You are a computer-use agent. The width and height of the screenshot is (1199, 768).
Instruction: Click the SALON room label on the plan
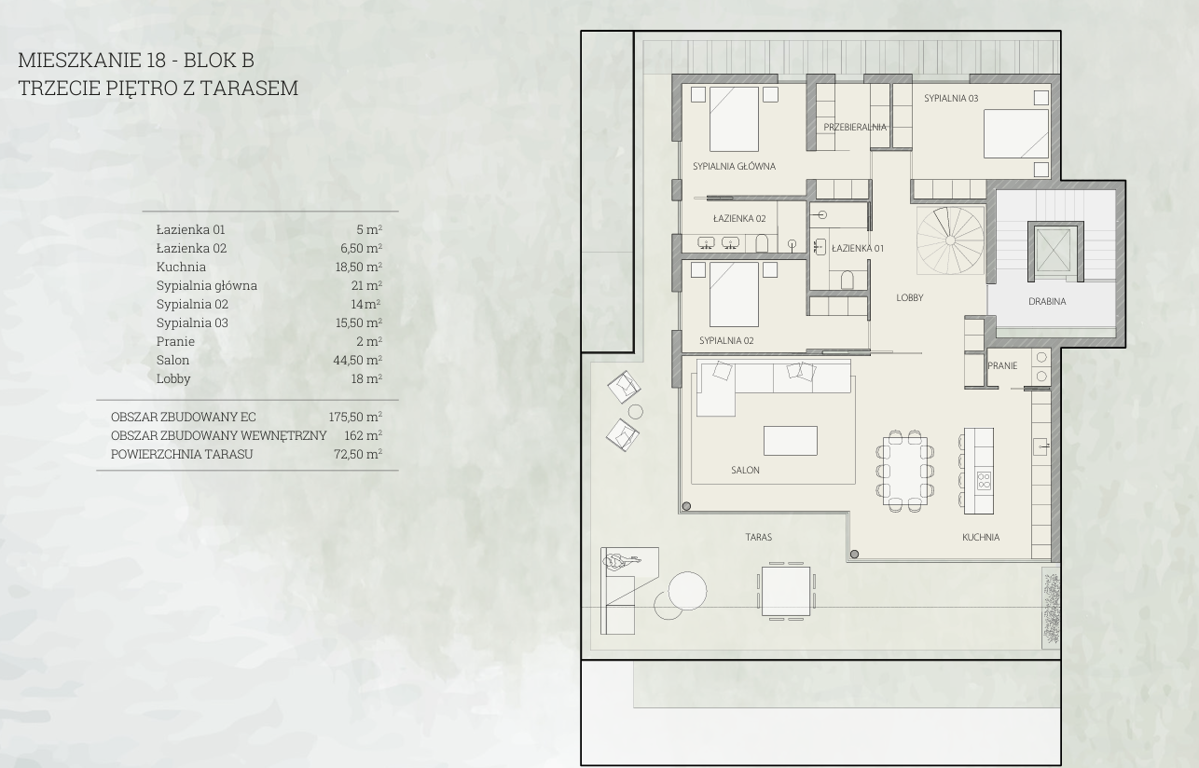pyautogui.click(x=745, y=471)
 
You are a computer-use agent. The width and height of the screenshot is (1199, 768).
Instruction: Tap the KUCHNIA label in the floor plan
pyautogui.click(x=981, y=538)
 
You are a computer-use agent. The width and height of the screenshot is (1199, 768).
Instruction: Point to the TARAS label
pyautogui.click(x=759, y=538)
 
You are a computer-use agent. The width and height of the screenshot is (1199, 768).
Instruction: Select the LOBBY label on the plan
pyautogui.click(x=909, y=297)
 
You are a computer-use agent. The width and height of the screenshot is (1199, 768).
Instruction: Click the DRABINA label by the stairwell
pyautogui.click(x=1047, y=301)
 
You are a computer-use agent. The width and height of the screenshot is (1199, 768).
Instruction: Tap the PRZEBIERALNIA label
pyautogui.click(x=855, y=127)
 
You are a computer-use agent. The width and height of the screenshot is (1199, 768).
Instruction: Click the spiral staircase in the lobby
pyautogui.click(x=950, y=240)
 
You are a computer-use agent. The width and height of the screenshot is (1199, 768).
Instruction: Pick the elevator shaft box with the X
pyautogui.click(x=1053, y=251)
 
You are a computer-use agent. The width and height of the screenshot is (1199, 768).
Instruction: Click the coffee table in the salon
pyautogui.click(x=790, y=441)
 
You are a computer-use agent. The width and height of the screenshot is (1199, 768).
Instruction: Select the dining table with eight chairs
pyautogui.click(x=905, y=471)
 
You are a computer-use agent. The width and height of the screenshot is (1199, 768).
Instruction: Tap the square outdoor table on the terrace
pyautogui.click(x=786, y=592)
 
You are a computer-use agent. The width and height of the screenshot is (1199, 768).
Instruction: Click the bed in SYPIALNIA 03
pyautogui.click(x=1016, y=134)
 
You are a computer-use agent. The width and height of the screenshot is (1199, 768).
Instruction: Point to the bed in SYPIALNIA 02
pyautogui.click(x=734, y=295)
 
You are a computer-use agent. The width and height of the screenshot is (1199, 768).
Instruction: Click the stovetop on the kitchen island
pyautogui.click(x=984, y=481)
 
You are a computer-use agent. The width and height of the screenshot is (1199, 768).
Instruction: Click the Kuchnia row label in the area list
pyautogui.click(x=181, y=267)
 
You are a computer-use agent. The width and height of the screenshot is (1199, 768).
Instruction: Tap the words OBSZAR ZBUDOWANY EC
pyautogui.click(x=183, y=417)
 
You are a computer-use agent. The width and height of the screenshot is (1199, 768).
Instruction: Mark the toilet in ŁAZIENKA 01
pyautogui.click(x=847, y=280)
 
